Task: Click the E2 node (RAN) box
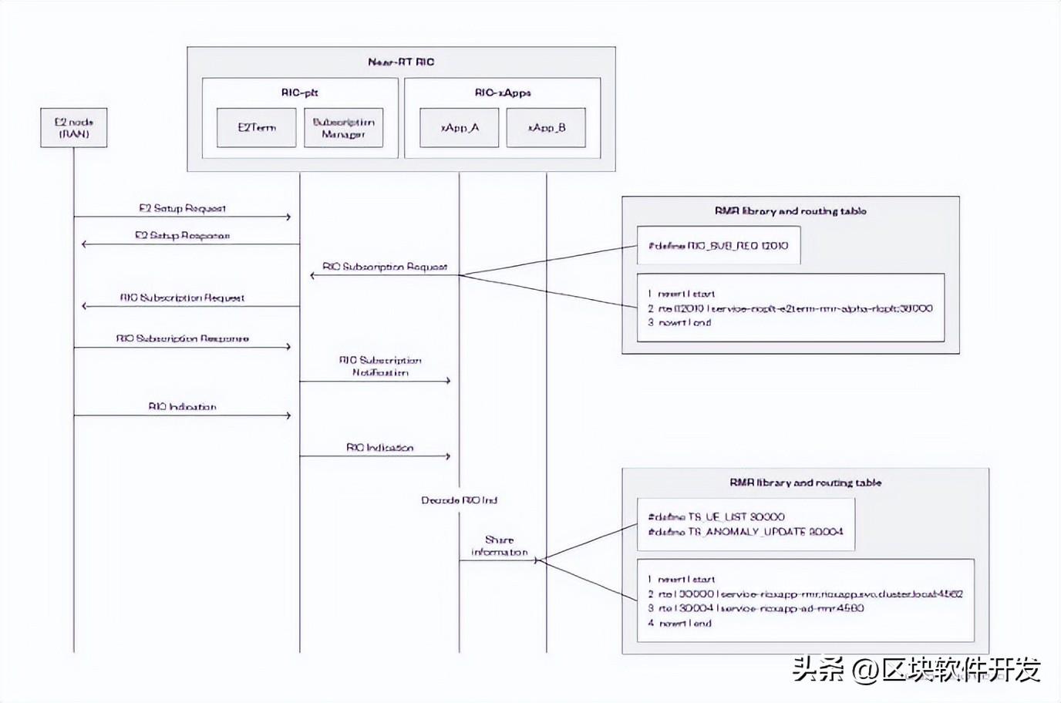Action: (x=73, y=128)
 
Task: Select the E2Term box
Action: (x=256, y=128)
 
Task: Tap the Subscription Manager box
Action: (x=344, y=128)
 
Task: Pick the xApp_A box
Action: (x=460, y=128)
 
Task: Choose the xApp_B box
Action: (x=546, y=128)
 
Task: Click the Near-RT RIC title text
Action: (x=401, y=62)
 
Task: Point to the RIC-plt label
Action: (x=299, y=92)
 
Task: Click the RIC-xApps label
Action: (x=503, y=92)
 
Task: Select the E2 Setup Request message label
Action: (x=183, y=208)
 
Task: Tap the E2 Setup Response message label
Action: (x=183, y=236)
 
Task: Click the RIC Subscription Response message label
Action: (x=183, y=338)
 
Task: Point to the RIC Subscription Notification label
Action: (x=380, y=366)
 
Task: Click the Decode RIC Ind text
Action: (x=460, y=500)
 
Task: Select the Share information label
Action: (x=500, y=546)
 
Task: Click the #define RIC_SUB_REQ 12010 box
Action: (x=719, y=246)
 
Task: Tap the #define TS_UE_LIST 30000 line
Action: (x=716, y=517)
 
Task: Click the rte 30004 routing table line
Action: (x=756, y=608)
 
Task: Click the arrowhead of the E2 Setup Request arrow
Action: (x=288, y=217)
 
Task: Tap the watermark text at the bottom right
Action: (x=918, y=669)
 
